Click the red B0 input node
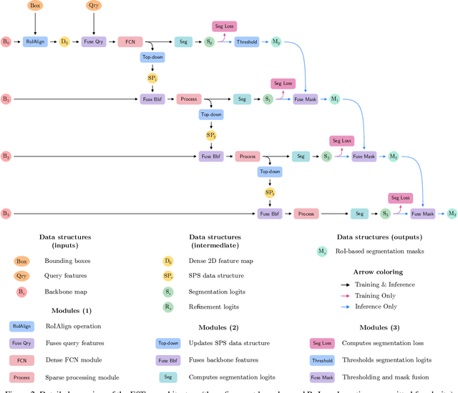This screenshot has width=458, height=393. (6, 42)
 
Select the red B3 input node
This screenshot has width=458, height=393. (6, 213)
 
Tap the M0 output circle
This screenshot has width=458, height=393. (276, 42)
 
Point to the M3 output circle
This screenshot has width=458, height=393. (452, 213)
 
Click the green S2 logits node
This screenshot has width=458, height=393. (326, 156)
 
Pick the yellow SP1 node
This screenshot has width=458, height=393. (152, 76)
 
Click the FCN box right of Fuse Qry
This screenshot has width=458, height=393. (130, 42)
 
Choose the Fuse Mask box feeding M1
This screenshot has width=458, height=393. (305, 99)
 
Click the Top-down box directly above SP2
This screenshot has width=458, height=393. (211, 114)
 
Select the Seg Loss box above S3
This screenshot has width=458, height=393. (400, 197)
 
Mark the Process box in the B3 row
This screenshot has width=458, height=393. (306, 213)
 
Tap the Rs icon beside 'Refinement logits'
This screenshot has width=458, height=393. (168, 307)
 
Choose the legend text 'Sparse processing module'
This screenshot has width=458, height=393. (82, 377)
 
